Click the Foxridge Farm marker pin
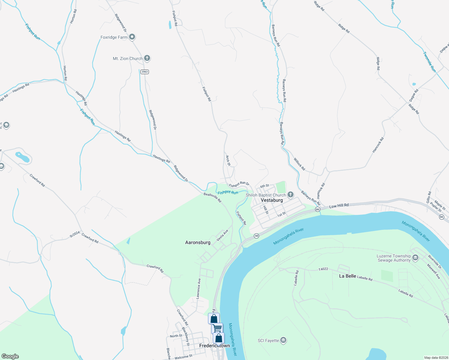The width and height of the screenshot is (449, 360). click(132, 37)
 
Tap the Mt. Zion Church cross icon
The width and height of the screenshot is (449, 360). click(147, 58)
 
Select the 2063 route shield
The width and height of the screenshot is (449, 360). click(145, 72)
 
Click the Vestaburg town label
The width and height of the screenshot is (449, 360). click(272, 200)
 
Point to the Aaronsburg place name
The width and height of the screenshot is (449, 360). click(198, 242)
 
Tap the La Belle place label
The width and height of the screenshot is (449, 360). click(348, 276)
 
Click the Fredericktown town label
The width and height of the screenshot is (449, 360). click(215, 346)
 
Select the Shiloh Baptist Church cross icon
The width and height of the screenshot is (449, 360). click(290, 195)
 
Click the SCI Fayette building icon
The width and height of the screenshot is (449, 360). click(283, 340)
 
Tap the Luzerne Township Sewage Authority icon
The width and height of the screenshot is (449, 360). click(415, 258)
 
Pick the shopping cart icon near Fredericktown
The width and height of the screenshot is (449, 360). click(217, 328)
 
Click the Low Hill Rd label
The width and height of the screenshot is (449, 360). click(339, 206)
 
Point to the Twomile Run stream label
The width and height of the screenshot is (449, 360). click(429, 62)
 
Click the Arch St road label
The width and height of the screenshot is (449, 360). click(228, 160)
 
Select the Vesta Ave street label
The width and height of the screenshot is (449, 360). click(222, 235)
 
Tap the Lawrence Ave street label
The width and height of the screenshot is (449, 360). click(198, 289)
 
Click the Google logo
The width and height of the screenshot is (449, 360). click(10, 356)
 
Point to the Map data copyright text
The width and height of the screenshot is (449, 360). click(436, 358)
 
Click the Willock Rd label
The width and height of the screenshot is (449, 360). click(299, 164)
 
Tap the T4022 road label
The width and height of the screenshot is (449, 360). click(323, 269)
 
